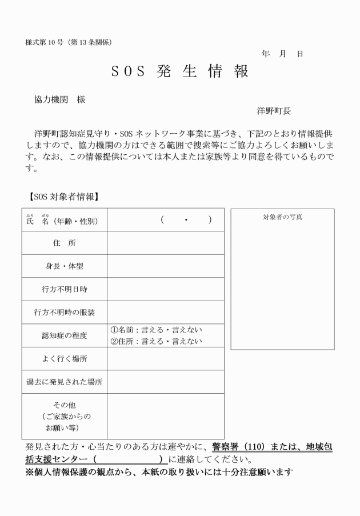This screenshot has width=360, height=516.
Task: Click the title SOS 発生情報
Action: pos(179,72)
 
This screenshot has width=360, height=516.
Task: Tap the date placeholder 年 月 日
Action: pos(282,54)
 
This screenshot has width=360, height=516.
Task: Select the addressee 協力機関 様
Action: pos(60,99)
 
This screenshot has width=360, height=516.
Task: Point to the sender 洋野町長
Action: pos(274,111)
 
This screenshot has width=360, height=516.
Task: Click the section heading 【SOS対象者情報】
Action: pos(64,197)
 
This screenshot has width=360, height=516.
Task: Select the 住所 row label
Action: pos(64,243)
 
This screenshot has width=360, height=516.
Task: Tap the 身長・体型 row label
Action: pos(64,266)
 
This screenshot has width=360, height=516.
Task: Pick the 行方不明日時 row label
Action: pos(64,289)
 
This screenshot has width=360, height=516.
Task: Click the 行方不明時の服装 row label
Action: pos(64,313)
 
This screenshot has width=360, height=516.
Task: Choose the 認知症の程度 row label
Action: pos(64,336)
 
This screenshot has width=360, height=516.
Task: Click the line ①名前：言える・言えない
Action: pos(156,330)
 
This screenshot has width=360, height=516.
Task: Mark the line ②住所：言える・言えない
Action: pos(156,342)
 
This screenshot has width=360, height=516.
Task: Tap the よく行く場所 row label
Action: pos(64,359)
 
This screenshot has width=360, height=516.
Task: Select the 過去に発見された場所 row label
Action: pos(64,382)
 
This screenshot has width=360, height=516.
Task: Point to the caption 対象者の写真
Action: pos(282,217)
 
